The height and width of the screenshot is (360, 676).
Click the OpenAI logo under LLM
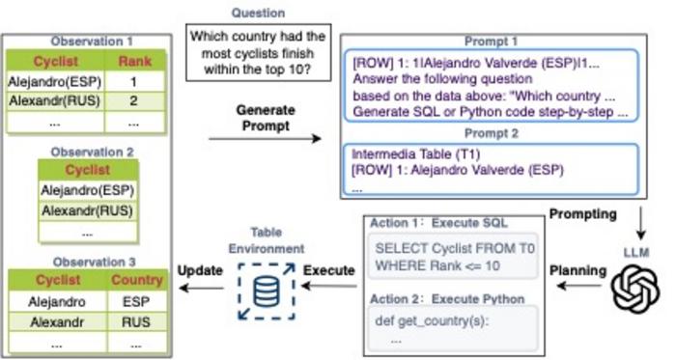pos(635,288)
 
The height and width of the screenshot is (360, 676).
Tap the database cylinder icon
pos(266,291)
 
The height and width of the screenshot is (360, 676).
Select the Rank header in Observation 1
pos(134,62)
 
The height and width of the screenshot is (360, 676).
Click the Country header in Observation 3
pos(137,280)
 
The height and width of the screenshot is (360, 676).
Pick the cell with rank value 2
pos(134,101)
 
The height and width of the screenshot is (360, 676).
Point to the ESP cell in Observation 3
pos(136,301)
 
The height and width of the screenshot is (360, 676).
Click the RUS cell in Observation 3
pos(136,322)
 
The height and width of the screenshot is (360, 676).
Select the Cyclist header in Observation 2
pos(88,170)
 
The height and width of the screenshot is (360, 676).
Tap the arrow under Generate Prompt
pos(266,139)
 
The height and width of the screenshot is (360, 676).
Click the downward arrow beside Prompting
pos(641,223)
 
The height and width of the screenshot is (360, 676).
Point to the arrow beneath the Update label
pos(201,288)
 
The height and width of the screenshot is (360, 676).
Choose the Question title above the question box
pos(258,13)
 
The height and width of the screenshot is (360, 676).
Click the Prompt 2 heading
pos(491,134)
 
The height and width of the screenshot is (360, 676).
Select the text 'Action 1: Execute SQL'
pos(438,223)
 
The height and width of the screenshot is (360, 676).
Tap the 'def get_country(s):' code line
pos(432,320)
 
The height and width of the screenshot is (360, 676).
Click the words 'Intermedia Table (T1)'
pos(415,154)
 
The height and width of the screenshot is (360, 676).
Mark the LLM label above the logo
pos(636,252)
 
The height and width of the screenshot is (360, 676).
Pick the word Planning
pos(577,270)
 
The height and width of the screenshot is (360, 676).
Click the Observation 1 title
pos(92,42)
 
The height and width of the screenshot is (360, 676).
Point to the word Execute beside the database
pos(329,270)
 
